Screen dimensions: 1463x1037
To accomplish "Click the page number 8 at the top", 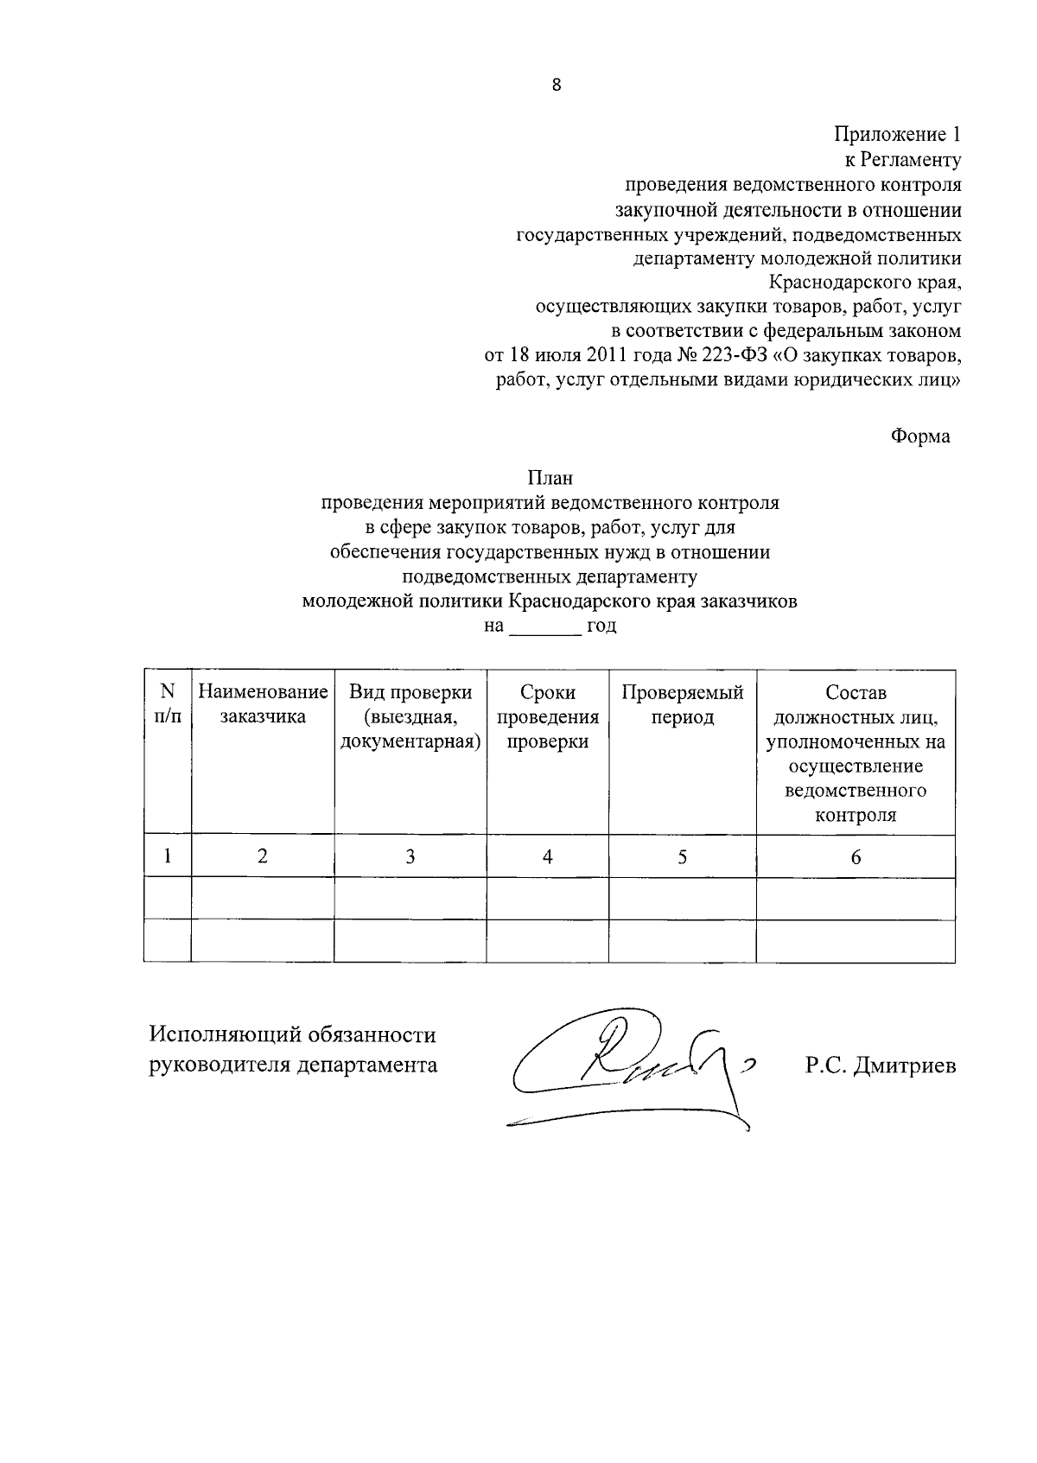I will pyautogui.click(x=556, y=85).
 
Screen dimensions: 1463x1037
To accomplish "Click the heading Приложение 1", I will pyautogui.click(x=897, y=135).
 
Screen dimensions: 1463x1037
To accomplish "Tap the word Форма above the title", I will pyautogui.click(x=920, y=436).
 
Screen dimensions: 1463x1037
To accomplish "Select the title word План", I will pyautogui.click(x=550, y=478).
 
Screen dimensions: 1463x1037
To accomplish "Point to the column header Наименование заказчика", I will pyautogui.click(x=263, y=704).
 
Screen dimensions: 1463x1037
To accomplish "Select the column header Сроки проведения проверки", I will pyautogui.click(x=548, y=716).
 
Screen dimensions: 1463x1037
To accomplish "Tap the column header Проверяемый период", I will pyautogui.click(x=682, y=704).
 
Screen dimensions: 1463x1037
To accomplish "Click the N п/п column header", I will pyautogui.click(x=168, y=704).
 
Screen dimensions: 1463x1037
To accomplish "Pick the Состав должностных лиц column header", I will pyautogui.click(x=856, y=754).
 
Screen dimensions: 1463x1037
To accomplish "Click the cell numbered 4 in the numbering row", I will pyautogui.click(x=548, y=856).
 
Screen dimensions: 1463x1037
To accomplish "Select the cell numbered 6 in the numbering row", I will pyautogui.click(x=856, y=856).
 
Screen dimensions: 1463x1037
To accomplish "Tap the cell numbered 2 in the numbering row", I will pyautogui.click(x=263, y=856).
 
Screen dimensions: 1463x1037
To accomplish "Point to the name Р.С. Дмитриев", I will pyautogui.click(x=881, y=1066).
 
